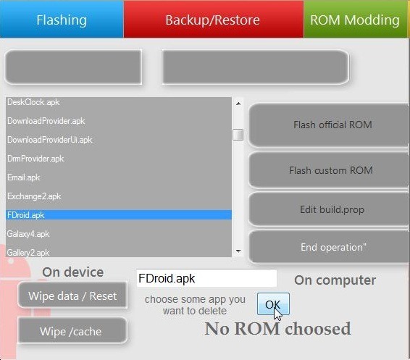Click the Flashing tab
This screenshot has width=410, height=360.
62,19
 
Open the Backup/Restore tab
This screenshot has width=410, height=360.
214,19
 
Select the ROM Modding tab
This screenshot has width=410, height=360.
356,19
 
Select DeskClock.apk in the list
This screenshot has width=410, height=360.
33,102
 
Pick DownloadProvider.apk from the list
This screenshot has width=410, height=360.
46,121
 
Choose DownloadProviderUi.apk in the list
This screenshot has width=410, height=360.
50,140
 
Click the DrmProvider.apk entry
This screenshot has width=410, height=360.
35,159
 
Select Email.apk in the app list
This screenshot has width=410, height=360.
23,177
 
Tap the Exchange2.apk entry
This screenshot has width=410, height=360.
34,196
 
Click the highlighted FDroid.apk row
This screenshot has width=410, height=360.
119,215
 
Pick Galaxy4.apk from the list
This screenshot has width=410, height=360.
28,234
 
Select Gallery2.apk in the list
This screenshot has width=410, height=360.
28,253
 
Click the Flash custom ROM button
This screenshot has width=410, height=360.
329,170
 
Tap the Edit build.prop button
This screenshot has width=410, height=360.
329,209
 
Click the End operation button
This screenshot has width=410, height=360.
329,247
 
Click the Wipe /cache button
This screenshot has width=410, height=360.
72,331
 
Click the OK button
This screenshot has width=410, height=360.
273,304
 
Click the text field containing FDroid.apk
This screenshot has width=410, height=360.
206,278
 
